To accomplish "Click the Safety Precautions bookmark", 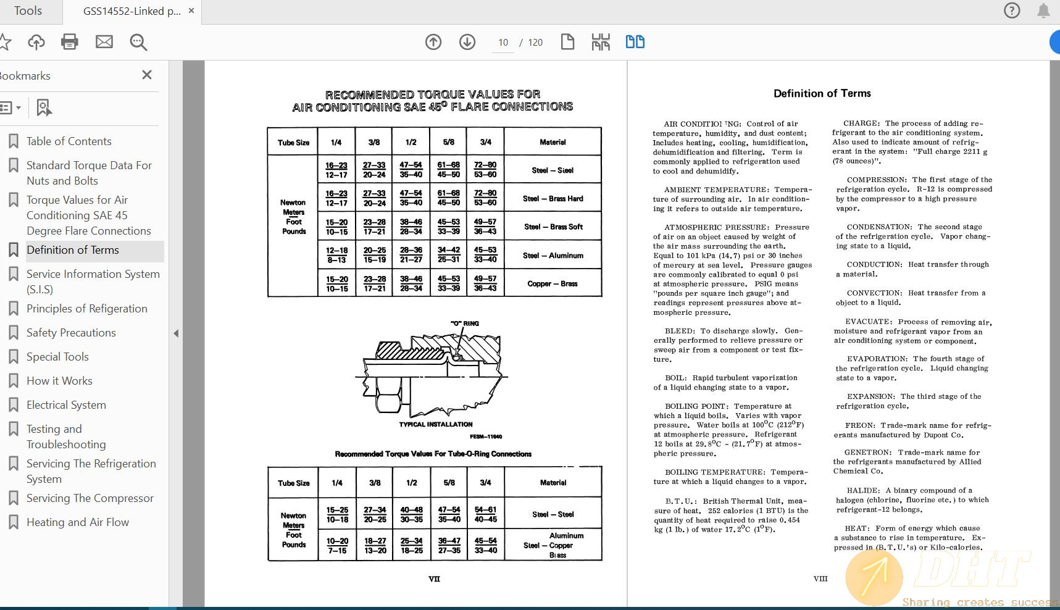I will (x=71, y=333).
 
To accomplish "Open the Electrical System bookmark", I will (x=66, y=405).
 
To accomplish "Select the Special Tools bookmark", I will (x=57, y=357).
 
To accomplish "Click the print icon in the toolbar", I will (x=70, y=42).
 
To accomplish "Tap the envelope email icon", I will (x=104, y=42).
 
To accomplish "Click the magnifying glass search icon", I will (x=138, y=42).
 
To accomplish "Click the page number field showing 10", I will (x=503, y=43).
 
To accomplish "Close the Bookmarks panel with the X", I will (x=147, y=75).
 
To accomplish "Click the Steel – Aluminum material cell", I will (x=553, y=256).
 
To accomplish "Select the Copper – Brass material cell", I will (x=553, y=284).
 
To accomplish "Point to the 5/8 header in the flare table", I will (x=449, y=142).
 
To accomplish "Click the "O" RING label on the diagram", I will (x=464, y=324).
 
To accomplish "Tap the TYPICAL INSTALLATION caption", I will (x=436, y=425).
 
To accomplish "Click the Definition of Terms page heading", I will (x=822, y=93).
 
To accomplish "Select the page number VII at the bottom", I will (x=434, y=579).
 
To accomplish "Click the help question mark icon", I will (x=1012, y=10).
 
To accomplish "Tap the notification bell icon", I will (x=1043, y=10).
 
